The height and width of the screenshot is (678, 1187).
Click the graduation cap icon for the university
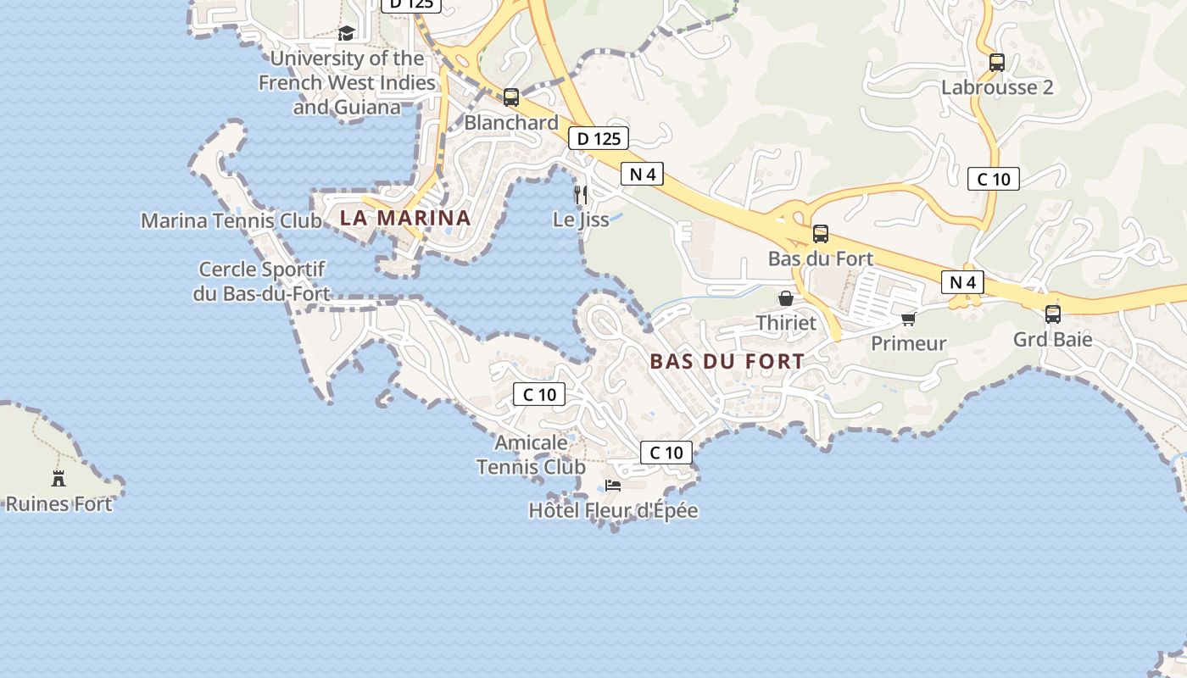346,33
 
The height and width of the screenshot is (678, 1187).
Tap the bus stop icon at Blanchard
510,97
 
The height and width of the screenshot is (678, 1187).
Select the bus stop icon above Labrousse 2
997,62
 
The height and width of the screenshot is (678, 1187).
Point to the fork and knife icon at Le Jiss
581,195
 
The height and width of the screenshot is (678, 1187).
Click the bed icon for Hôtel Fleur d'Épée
612,486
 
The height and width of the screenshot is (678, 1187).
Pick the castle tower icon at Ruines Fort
59,478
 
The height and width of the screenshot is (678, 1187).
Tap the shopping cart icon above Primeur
909,320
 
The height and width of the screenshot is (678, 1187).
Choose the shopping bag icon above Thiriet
786,298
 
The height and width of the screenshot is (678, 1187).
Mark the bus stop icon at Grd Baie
1053,314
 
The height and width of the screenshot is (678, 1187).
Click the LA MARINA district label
405,218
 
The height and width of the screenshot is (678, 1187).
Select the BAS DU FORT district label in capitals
727,361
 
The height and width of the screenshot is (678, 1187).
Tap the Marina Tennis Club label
231,221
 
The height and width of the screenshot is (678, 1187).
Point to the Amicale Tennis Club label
531,455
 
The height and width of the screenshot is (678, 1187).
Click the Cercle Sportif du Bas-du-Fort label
261,281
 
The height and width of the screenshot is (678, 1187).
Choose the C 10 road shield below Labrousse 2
994,179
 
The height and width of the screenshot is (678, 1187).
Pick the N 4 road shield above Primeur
962,282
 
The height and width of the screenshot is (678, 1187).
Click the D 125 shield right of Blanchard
599,138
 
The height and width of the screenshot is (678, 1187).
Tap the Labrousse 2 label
997,87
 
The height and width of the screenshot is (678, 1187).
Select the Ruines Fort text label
59,504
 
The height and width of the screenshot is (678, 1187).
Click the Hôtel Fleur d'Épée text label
613,511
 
